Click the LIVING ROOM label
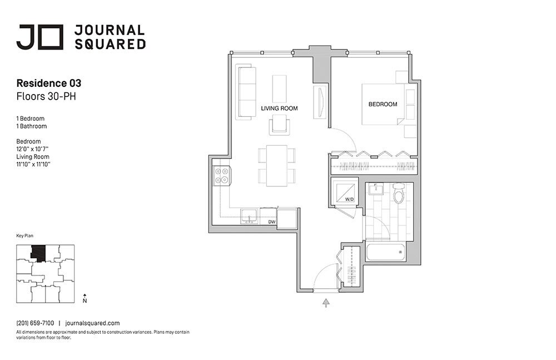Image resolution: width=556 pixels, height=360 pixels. [279, 109]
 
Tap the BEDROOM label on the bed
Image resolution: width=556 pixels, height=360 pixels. [383, 105]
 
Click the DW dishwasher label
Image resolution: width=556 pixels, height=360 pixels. [272, 221]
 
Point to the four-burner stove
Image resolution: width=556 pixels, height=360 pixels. [222, 176]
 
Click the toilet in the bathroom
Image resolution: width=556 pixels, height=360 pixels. [399, 195]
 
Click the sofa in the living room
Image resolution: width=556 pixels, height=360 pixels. [245, 92]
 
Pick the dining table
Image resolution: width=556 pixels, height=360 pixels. [276, 165]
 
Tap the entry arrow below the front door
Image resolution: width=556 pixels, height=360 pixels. [326, 302]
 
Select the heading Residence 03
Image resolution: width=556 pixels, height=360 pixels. [49, 83]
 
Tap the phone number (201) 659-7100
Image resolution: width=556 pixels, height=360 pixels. [35, 323]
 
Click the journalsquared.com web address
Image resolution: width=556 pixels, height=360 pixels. [92, 323]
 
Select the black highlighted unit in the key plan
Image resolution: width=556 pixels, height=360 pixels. [38, 253]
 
